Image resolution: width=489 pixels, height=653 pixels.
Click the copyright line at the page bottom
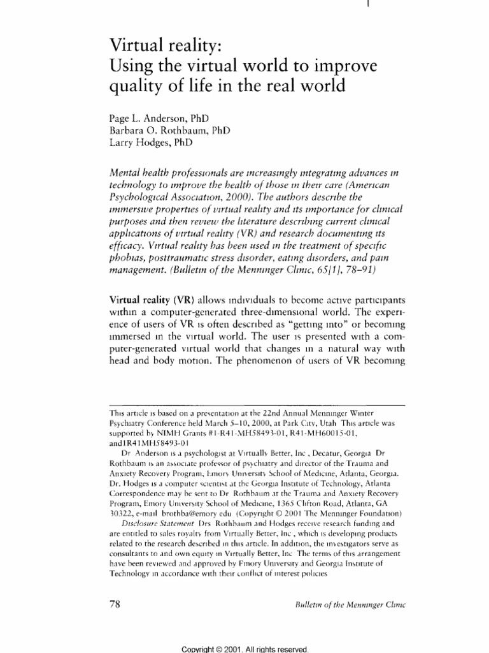pyautogui.click(x=244, y=649)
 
